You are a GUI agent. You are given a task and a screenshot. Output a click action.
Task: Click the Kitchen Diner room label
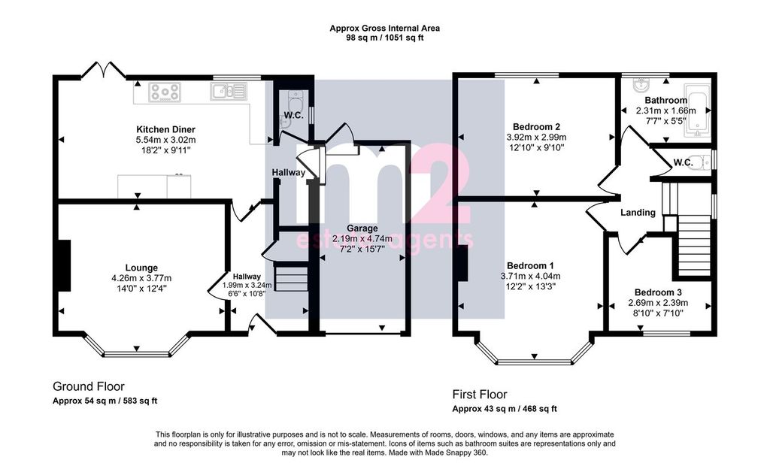point(165,129)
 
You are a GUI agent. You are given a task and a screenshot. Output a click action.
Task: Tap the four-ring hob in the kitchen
point(165,92)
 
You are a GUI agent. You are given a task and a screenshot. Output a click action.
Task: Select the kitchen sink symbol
point(228,91)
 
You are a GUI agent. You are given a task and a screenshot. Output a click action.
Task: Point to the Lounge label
point(141,268)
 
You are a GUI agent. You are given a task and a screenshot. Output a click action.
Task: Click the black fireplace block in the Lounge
point(65,265)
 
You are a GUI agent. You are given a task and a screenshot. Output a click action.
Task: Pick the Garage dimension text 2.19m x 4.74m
point(362,239)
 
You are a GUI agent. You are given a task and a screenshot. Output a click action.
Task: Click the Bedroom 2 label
point(536,127)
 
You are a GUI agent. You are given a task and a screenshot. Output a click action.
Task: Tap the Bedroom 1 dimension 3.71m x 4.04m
point(530,276)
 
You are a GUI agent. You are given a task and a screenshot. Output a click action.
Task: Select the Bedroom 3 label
point(658,292)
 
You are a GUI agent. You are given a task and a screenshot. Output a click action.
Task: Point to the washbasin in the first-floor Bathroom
point(641,86)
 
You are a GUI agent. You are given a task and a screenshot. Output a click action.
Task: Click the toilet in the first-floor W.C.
point(704,162)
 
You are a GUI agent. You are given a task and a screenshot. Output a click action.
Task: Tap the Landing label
point(638,213)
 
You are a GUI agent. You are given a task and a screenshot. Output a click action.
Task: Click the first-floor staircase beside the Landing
point(694,245)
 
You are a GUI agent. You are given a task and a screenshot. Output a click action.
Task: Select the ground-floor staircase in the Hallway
point(291,278)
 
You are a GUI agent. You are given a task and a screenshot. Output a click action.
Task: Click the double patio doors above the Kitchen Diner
point(103,70)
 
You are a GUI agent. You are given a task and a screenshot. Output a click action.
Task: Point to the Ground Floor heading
point(89,386)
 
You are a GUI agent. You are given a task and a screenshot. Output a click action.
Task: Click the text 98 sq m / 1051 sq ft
point(384,38)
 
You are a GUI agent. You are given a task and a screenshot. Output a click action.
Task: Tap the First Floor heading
point(480,395)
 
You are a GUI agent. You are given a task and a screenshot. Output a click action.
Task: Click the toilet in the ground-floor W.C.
point(296,104)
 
